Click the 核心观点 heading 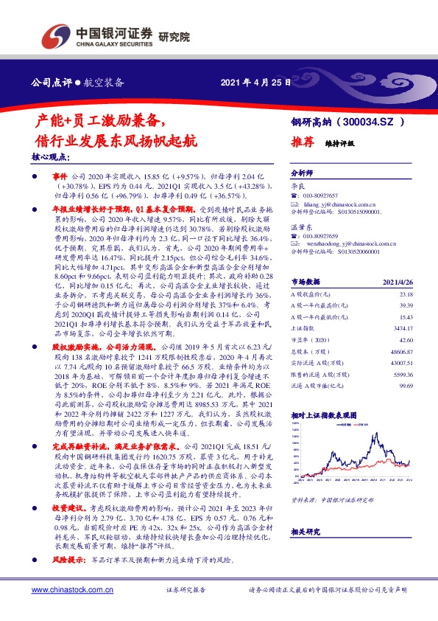pos(51,158)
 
